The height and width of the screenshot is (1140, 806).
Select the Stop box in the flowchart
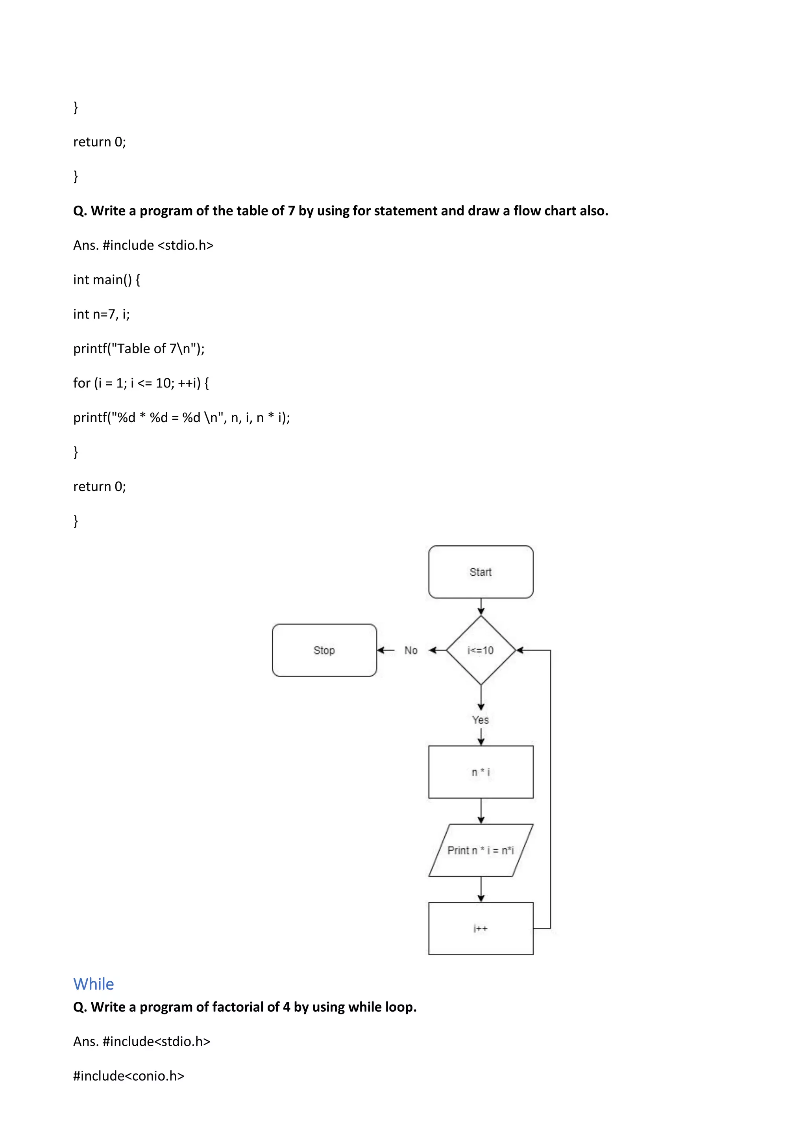(x=324, y=650)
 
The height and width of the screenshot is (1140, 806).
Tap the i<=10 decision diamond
(x=481, y=650)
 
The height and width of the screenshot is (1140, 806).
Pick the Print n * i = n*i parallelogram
(x=481, y=850)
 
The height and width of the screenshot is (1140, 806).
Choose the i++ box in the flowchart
(x=481, y=928)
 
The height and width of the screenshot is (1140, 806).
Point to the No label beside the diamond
(x=411, y=651)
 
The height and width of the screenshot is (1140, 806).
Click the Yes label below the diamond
(x=481, y=720)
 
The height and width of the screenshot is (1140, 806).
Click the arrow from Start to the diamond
(x=481, y=607)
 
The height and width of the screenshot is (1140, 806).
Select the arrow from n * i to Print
(x=481, y=811)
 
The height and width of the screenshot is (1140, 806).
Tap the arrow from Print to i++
(x=481, y=889)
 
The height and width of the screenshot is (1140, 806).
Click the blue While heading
(x=93, y=984)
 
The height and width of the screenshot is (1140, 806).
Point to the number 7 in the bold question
(x=291, y=211)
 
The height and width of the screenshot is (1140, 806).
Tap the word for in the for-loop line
(x=82, y=383)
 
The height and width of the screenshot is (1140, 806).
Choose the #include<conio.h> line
(x=129, y=1076)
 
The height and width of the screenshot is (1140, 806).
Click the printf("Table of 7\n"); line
(x=139, y=348)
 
